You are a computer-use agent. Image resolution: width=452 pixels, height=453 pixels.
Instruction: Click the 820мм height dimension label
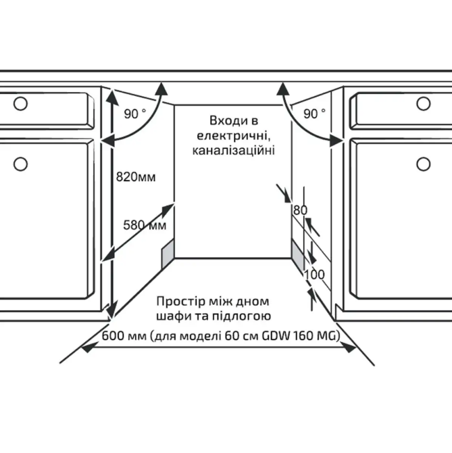(x=136, y=178)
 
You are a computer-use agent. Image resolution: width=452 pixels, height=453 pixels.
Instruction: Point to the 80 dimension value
(x=300, y=210)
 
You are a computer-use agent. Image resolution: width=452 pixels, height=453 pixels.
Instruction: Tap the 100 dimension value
(x=315, y=275)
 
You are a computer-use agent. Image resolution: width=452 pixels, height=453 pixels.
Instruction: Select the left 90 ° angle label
(x=134, y=114)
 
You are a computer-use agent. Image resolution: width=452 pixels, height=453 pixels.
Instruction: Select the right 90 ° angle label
(x=314, y=114)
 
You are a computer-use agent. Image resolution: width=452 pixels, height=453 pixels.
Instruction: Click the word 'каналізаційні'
(x=233, y=150)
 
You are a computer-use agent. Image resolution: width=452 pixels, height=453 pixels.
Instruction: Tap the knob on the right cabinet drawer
(x=424, y=103)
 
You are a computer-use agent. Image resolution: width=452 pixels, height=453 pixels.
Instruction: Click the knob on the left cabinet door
(x=20, y=163)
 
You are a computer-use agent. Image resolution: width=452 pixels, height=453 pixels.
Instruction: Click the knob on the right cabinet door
(x=424, y=163)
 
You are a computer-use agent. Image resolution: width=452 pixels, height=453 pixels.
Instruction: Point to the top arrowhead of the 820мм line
(x=111, y=92)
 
